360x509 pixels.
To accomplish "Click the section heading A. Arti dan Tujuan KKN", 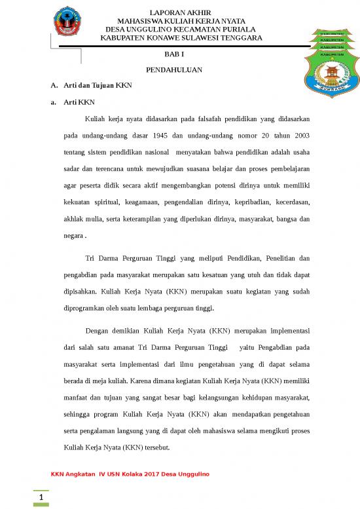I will click(91, 85).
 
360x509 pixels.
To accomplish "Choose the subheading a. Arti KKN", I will click(73, 102).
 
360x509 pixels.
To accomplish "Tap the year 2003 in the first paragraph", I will click(300, 135).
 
